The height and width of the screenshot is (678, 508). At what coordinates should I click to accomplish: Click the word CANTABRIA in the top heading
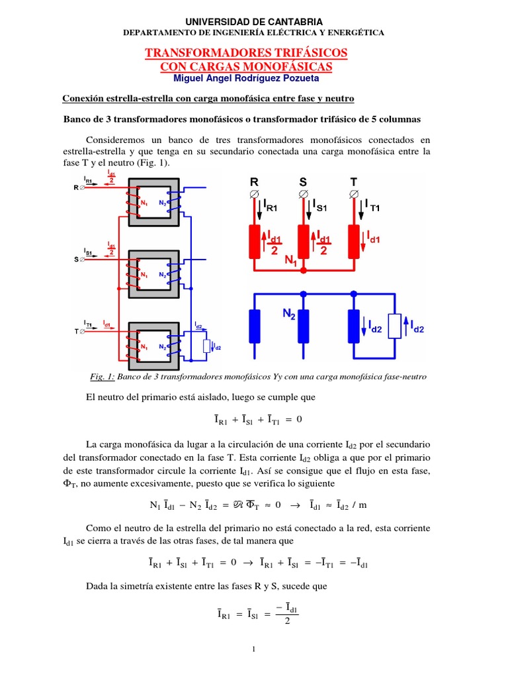[290, 22]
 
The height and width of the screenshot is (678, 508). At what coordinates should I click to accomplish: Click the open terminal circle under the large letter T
[354, 194]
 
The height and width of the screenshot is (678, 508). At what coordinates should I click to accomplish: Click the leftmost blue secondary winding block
[254, 324]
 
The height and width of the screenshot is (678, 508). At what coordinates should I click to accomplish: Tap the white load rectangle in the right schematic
[395, 326]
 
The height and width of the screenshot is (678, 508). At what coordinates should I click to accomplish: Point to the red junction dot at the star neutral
[304, 270]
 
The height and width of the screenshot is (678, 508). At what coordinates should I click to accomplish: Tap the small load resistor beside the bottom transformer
[206, 346]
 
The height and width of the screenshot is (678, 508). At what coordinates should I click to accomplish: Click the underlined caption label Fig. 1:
[103, 377]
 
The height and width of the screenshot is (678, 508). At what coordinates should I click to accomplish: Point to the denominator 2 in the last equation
[286, 620]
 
